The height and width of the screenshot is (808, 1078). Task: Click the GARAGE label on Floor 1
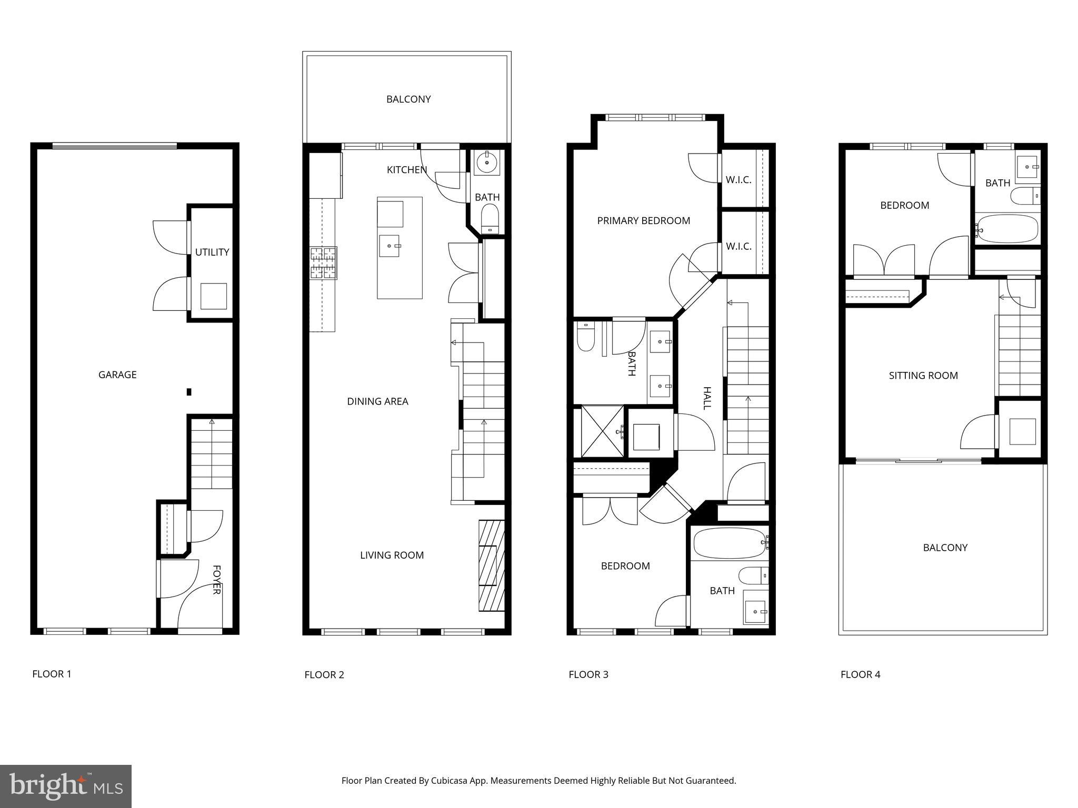click(x=117, y=375)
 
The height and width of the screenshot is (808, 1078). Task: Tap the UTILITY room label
click(x=212, y=252)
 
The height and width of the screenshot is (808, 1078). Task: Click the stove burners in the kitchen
click(x=323, y=262)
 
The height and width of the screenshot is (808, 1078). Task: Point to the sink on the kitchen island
click(x=390, y=246)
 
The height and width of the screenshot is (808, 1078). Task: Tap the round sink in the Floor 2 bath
click(x=487, y=163)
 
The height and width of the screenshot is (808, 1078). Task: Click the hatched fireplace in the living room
click(x=491, y=565)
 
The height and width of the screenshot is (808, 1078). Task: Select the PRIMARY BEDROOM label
click(x=643, y=220)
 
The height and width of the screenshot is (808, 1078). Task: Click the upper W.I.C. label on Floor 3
click(x=738, y=179)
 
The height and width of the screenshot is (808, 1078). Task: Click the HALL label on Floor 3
click(x=707, y=398)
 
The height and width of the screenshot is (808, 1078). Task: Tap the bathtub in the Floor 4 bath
click(x=1007, y=229)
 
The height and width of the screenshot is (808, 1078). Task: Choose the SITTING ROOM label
click(x=923, y=376)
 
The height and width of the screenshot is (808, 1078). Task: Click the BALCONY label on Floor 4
click(x=945, y=548)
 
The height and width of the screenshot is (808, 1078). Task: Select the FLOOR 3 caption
click(x=588, y=674)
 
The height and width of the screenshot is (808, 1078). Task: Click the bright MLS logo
click(x=66, y=786)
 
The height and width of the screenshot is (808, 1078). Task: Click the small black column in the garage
click(x=189, y=392)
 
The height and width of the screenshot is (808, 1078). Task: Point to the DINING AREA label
click(x=377, y=401)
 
